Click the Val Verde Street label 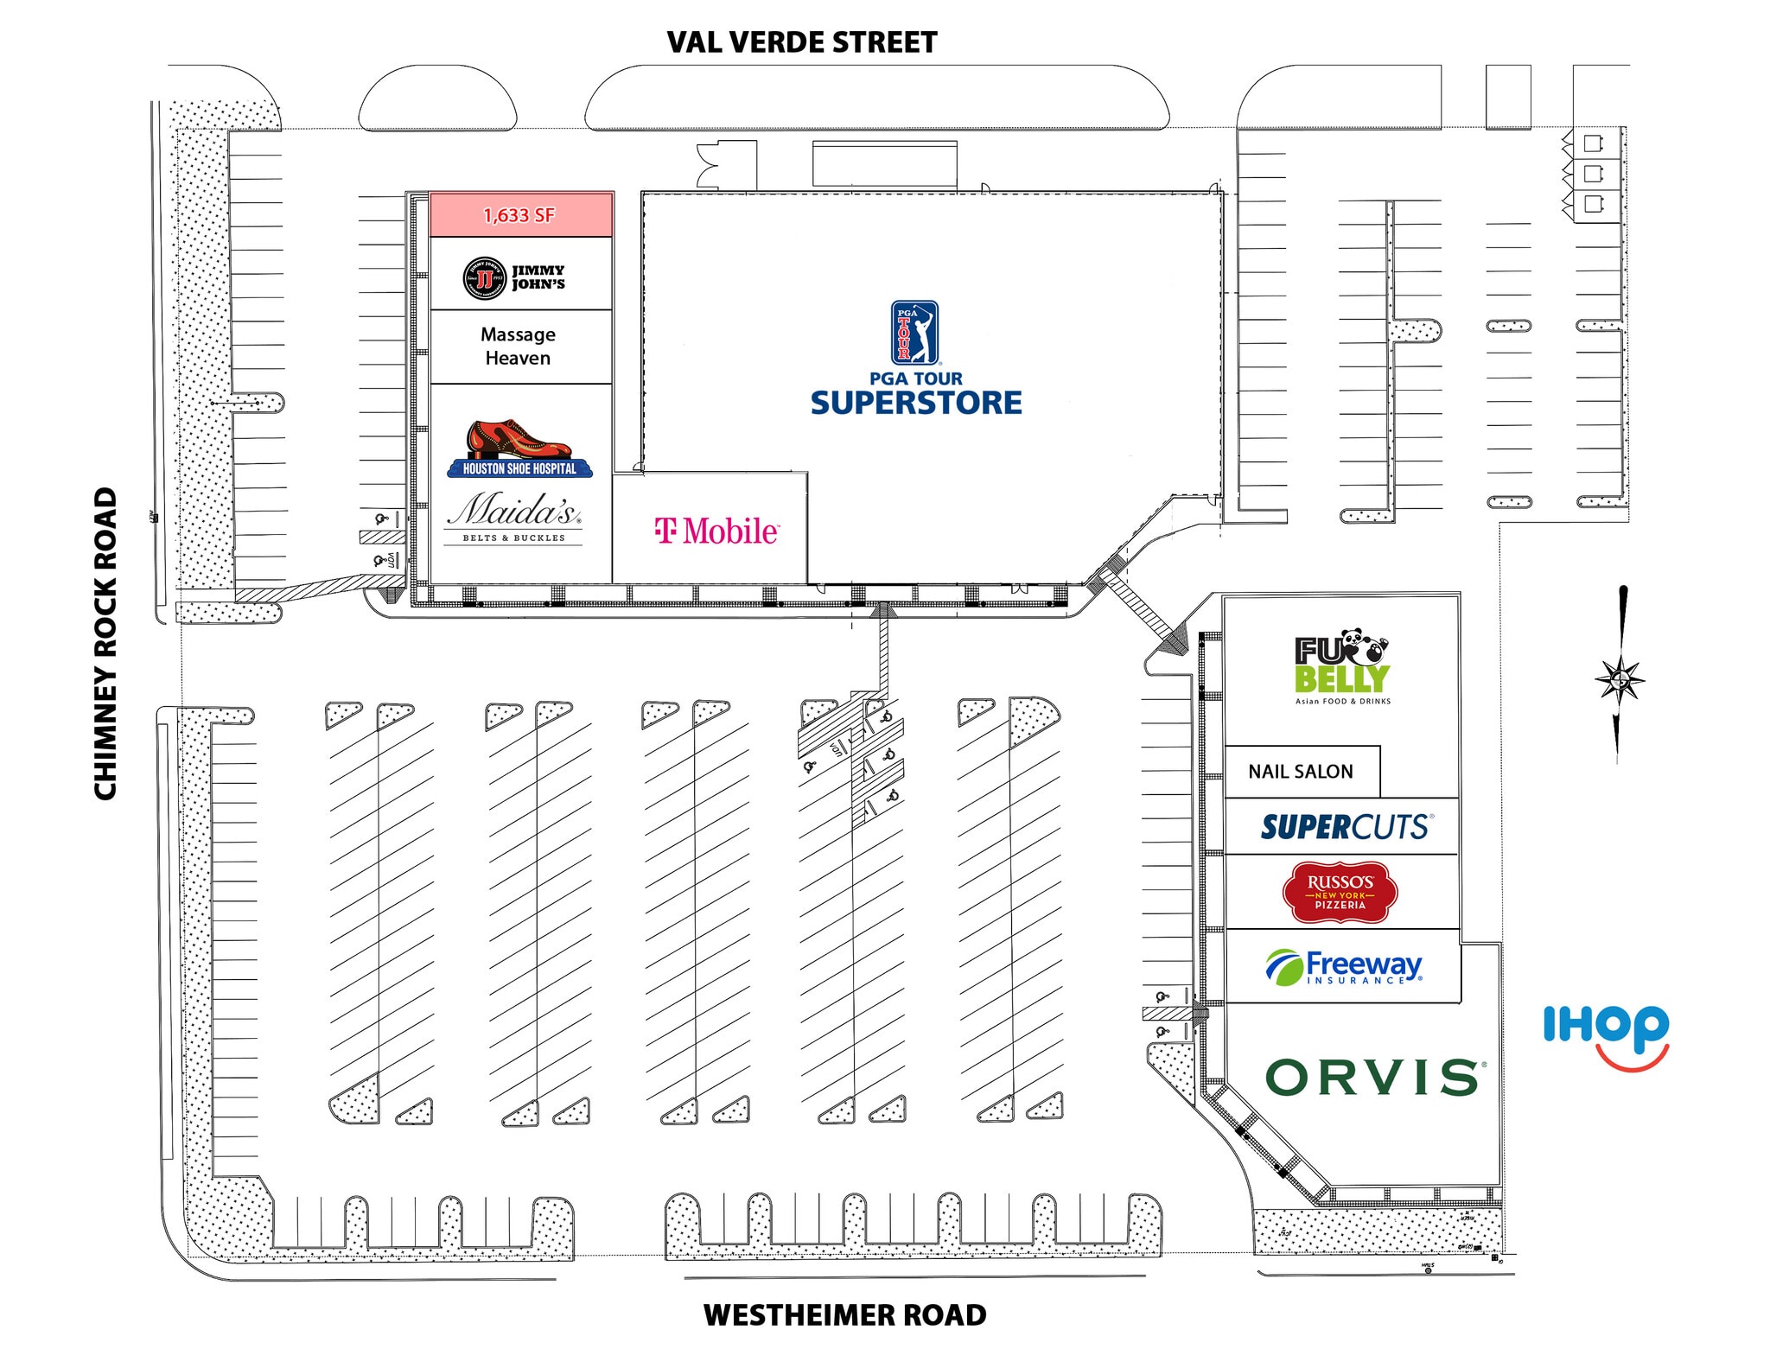[x=801, y=42]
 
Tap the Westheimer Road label [x=844, y=1315]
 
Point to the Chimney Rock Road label [x=105, y=644]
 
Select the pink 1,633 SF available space [x=520, y=214]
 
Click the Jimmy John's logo [x=514, y=278]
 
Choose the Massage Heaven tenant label [x=518, y=346]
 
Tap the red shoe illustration [x=519, y=438]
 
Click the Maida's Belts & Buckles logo [x=514, y=517]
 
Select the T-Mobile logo [x=716, y=531]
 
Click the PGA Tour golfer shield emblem [x=914, y=332]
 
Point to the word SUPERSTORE [x=916, y=403]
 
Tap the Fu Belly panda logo [x=1342, y=668]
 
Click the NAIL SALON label [x=1300, y=772]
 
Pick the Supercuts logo [x=1347, y=827]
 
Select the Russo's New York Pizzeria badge [x=1340, y=891]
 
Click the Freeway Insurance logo [x=1345, y=967]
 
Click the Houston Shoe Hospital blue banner [x=519, y=468]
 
